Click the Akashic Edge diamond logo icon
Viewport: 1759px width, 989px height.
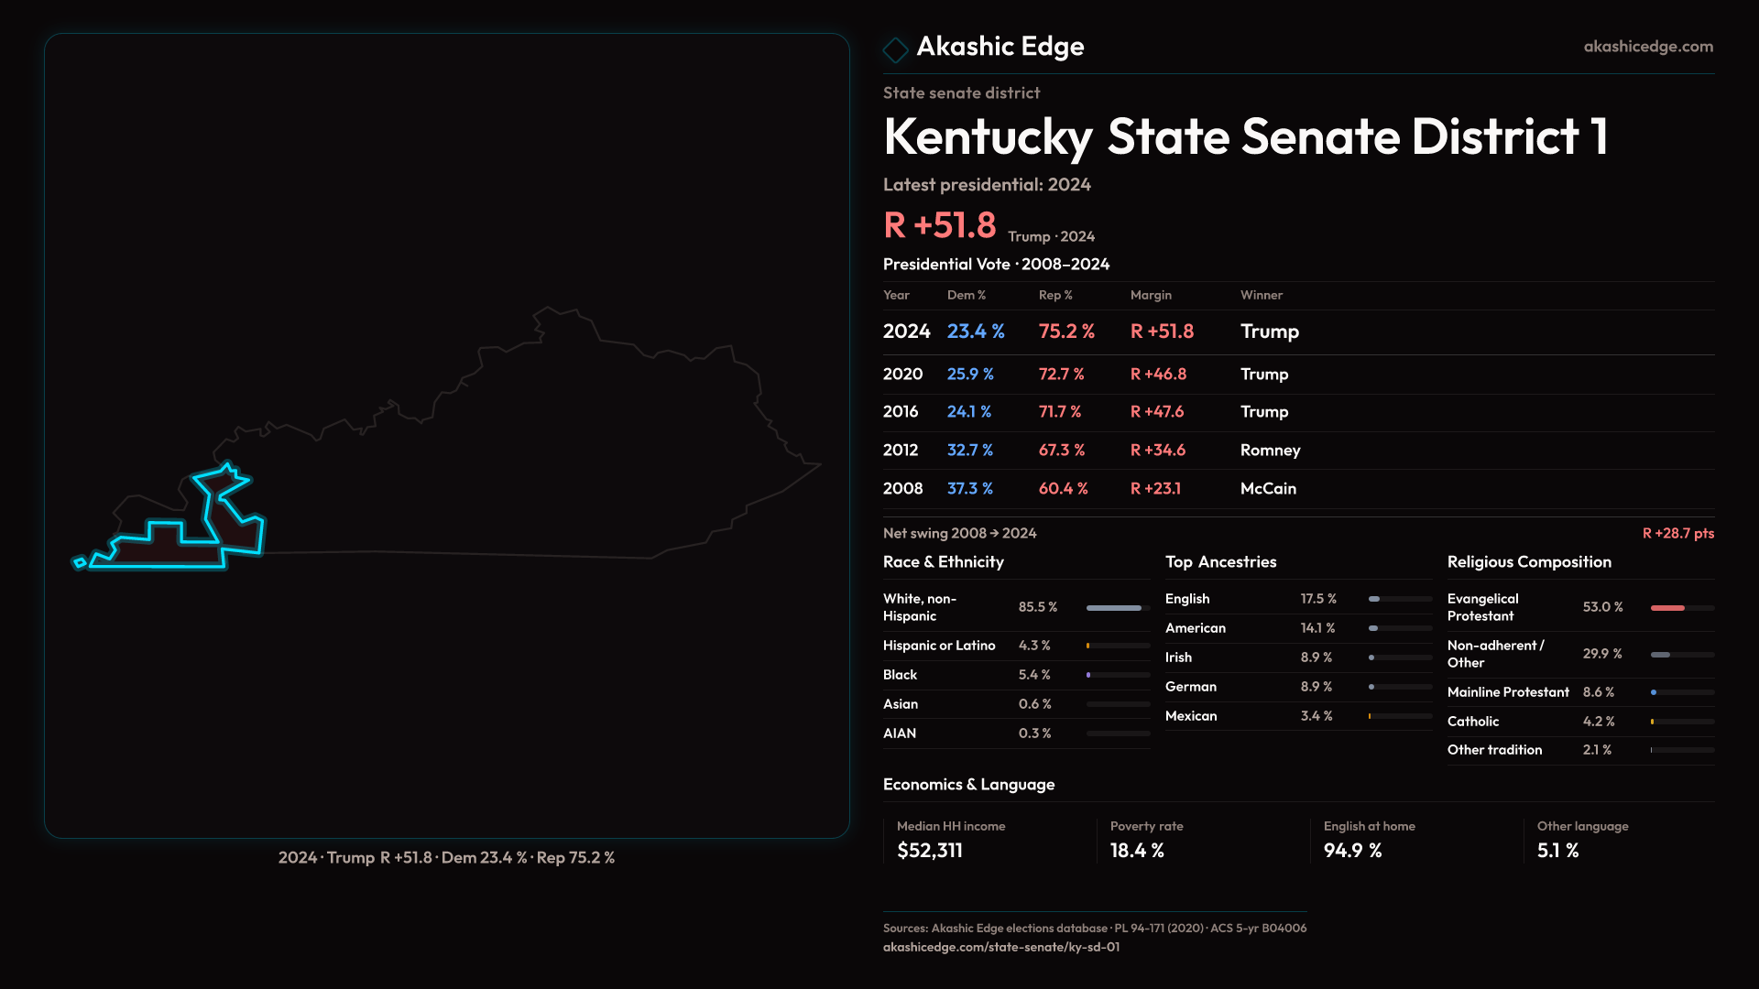[x=895, y=49]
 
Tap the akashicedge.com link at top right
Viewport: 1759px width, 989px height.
[x=1648, y=47]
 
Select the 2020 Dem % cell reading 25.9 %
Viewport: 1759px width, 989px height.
[x=970, y=375]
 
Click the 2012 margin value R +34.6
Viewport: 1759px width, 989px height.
[x=1158, y=451]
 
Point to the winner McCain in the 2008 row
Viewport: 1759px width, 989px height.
[x=1268, y=489]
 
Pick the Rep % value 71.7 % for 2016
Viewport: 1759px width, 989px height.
[x=1060, y=412]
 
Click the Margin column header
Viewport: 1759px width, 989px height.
[x=1151, y=295]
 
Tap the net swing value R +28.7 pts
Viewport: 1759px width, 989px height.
[x=1677, y=533]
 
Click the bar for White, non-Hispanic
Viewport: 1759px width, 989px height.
[x=1114, y=608]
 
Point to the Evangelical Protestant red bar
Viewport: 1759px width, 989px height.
[x=1667, y=608]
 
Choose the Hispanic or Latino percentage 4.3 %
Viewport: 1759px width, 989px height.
[x=1034, y=646]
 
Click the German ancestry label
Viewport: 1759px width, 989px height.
[x=1191, y=687]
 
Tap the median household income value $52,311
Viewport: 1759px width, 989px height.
[x=930, y=851]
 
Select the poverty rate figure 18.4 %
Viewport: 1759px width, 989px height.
[x=1137, y=851]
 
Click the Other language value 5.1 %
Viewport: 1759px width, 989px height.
[x=1557, y=851]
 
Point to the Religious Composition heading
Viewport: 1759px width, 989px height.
[x=1529, y=562]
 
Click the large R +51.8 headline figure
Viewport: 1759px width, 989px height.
[x=939, y=225]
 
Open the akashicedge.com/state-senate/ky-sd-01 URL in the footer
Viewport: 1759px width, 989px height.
[x=1001, y=947]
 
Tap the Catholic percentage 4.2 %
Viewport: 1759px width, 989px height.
[x=1599, y=722]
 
